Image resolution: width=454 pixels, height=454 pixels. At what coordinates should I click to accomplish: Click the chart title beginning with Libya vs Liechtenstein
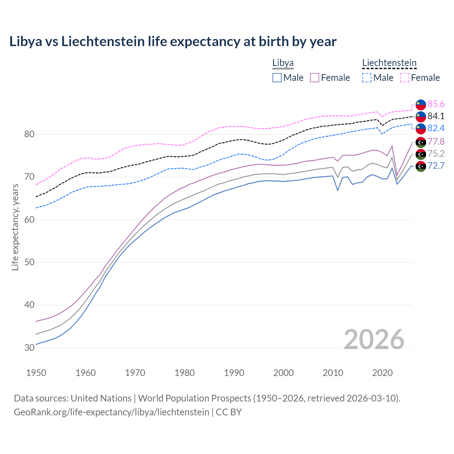pos(173,41)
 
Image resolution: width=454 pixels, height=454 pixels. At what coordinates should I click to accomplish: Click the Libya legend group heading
pos(283,63)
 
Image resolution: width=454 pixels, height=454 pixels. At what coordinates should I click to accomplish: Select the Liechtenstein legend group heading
pos(389,63)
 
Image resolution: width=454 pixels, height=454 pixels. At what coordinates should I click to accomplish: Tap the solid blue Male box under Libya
pos(277,78)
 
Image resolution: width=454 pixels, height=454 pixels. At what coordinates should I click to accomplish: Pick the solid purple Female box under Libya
pos(315,78)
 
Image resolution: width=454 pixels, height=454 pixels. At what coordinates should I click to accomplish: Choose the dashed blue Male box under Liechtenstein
pos(367,78)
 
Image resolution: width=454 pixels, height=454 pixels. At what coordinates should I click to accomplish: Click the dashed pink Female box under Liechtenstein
pos(404,78)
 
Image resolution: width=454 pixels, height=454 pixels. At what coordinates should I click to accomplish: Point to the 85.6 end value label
pos(436,104)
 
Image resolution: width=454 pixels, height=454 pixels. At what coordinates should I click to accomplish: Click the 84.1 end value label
pos(436,116)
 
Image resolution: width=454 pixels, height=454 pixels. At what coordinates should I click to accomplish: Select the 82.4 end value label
pos(436,128)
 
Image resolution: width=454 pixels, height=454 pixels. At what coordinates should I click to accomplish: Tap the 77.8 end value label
pos(436,142)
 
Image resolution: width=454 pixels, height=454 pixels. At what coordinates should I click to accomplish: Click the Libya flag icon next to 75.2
pos(421,154)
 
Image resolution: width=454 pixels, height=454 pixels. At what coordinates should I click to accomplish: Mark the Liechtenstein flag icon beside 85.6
pos(421,104)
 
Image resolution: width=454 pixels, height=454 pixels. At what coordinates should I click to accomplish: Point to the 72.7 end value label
pos(436,166)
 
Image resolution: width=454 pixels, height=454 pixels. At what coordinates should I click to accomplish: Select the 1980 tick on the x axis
pos(184,373)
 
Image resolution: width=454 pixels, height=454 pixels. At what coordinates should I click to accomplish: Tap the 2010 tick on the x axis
pos(333,373)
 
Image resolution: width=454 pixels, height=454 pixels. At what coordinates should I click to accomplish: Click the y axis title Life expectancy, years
pos(15,227)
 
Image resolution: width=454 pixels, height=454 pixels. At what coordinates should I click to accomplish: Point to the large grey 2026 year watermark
pos(374,339)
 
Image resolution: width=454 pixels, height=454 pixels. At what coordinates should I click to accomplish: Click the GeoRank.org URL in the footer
pos(111,412)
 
